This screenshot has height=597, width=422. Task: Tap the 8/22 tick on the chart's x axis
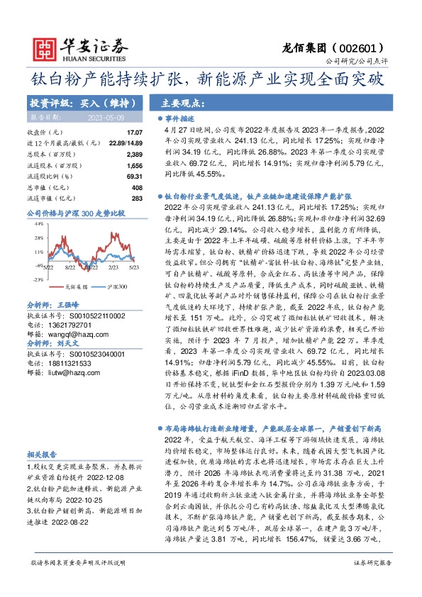(70, 267)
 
